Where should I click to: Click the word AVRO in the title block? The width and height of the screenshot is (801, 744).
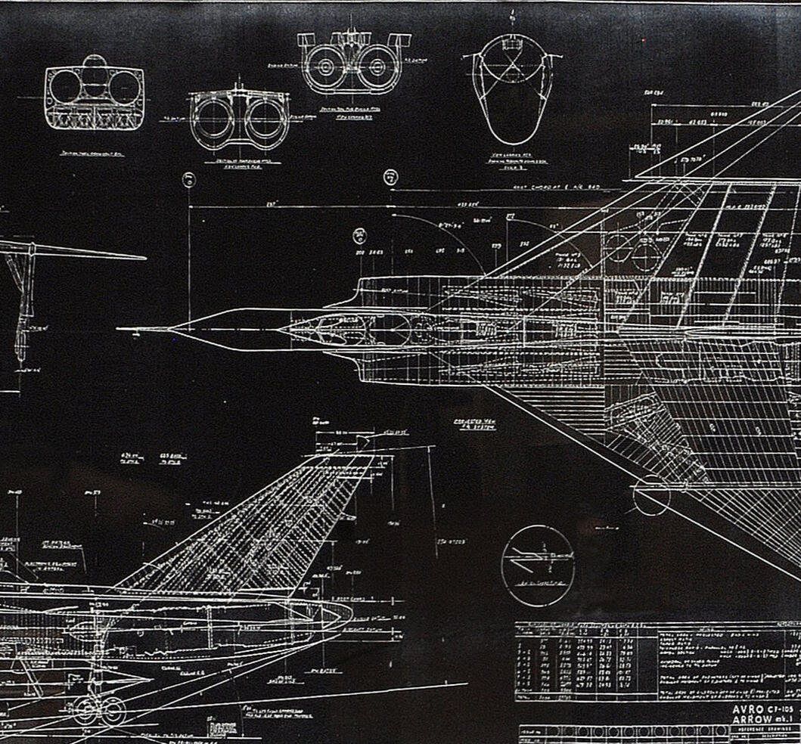(x=750, y=709)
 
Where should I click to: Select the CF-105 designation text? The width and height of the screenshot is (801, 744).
(x=784, y=709)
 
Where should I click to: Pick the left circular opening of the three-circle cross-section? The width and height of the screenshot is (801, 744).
(x=65, y=87)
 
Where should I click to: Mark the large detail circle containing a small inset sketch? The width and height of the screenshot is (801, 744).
(x=537, y=565)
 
